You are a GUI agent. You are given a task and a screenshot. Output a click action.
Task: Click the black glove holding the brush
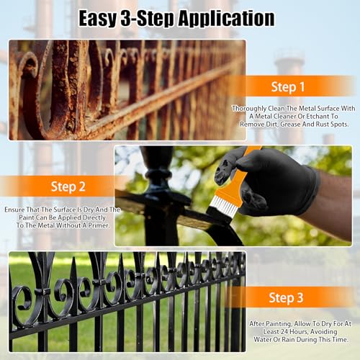(x=274, y=184)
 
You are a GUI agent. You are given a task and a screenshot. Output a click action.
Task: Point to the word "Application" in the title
(x=228, y=17)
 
